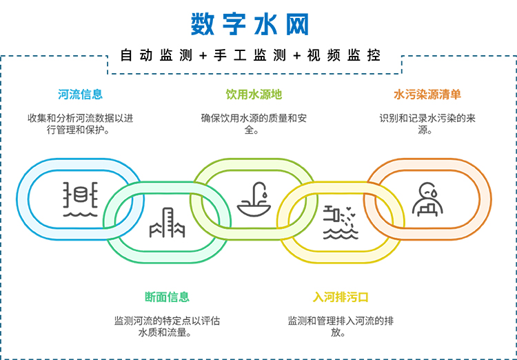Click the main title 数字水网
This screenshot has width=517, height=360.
point(250,23)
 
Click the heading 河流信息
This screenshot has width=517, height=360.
point(81,94)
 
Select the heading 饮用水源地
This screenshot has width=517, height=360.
point(254,94)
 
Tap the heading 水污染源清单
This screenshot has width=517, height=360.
point(427,94)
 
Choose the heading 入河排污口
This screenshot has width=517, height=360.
point(341,297)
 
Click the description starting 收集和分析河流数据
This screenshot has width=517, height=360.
point(80,123)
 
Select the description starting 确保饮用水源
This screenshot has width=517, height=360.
point(254,123)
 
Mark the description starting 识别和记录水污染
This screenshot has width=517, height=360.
point(427,123)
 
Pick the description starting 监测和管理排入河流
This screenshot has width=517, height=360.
point(341,326)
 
